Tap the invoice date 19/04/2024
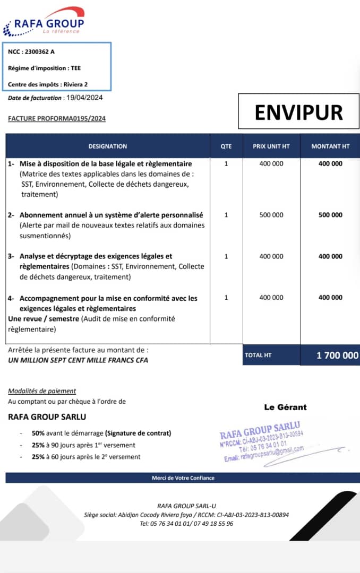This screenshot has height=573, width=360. tap(84, 98)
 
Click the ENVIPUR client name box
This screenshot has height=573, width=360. tap(298, 112)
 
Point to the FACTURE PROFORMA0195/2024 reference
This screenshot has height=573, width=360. tap(57, 118)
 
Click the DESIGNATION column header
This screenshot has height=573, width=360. tap(108, 146)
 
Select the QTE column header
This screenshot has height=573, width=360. tap(226, 146)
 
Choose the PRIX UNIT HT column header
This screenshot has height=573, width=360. tap(271, 146)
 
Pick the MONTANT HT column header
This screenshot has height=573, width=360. tap(330, 146)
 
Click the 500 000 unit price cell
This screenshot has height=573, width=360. tap(271, 215)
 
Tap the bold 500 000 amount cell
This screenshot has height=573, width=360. tap(330, 215)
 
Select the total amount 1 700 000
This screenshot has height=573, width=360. tap(337, 355)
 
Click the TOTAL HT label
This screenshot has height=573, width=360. tap(258, 355)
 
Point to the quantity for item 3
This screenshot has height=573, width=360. tap(226, 256)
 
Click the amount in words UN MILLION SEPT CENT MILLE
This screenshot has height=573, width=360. tap(78, 360)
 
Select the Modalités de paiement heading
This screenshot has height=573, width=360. tap(42, 391)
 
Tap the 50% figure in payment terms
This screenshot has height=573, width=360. tap(38, 433)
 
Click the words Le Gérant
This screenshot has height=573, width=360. tap(285, 407)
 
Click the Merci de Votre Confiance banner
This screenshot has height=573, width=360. tap(183, 477)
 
